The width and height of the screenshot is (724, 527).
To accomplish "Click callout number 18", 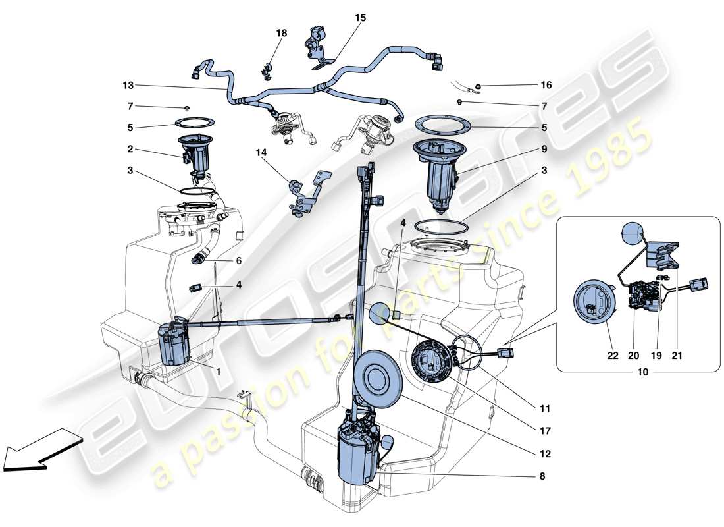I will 282,32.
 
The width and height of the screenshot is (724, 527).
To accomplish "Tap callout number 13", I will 128,86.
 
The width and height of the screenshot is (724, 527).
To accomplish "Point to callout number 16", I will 546,85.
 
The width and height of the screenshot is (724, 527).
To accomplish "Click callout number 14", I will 262,152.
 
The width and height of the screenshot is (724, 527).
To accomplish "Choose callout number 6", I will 238,261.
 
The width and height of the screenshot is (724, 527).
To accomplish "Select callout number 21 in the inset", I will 677,356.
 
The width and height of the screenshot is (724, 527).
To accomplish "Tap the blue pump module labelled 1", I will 175,343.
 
